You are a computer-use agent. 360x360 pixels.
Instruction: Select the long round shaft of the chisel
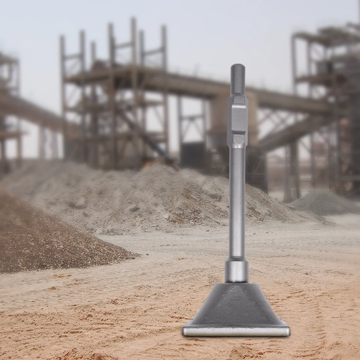click(237, 202)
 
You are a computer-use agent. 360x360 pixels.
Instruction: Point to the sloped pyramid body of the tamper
click(236, 306)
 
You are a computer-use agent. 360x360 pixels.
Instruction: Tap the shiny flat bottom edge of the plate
click(236, 331)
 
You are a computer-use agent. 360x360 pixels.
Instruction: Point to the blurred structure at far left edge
click(9, 108)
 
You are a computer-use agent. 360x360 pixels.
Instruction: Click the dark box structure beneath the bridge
click(193, 155)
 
